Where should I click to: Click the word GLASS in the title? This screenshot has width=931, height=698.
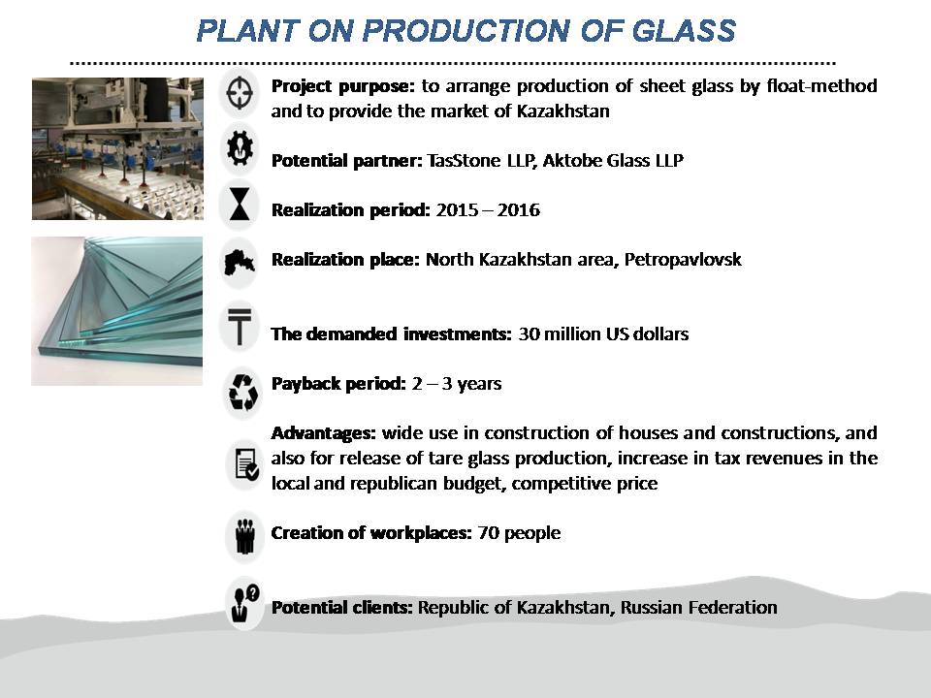684,31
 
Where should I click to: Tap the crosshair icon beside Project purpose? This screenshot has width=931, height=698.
240,93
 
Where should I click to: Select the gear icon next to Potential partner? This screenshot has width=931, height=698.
240,148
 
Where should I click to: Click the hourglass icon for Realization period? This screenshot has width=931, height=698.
240,204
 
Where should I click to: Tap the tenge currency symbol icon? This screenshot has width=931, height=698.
240,327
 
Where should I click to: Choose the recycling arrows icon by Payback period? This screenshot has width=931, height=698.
242,392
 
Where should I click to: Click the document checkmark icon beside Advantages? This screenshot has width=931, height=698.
246,463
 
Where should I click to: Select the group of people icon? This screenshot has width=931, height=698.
244,536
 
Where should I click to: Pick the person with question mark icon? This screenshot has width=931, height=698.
244,603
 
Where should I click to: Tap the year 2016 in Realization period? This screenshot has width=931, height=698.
518,210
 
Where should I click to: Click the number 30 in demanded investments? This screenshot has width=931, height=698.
528,334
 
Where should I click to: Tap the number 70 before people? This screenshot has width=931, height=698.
488,533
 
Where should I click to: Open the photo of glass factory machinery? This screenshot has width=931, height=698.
117,148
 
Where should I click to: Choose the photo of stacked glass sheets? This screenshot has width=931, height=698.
117,311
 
